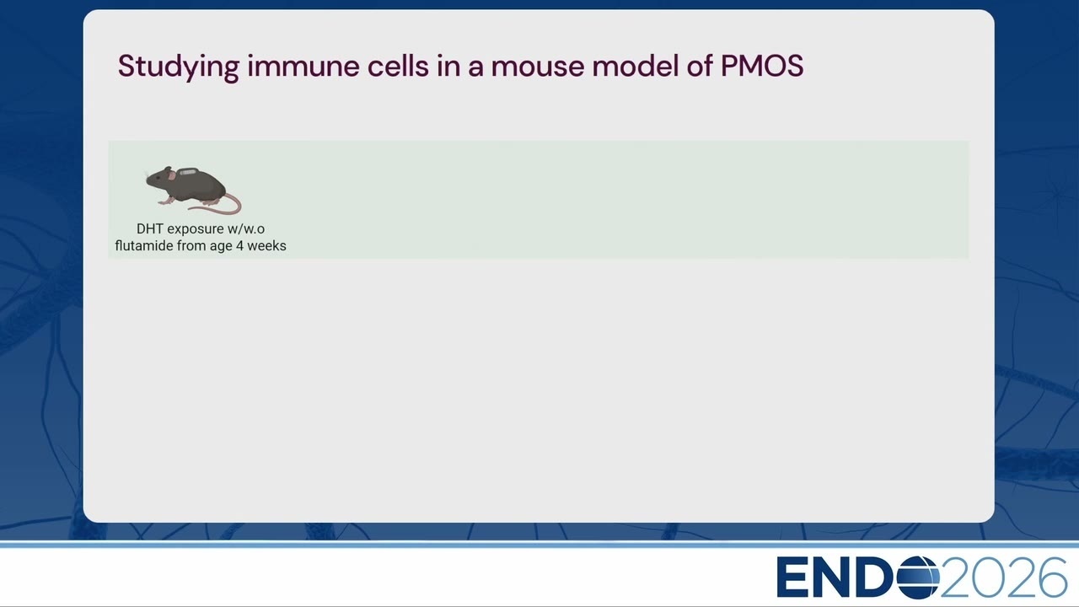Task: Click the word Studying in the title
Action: [x=178, y=67]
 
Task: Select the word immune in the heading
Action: [x=303, y=66]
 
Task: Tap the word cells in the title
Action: [x=398, y=66]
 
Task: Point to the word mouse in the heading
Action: [x=537, y=67]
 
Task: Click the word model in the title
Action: [x=636, y=66]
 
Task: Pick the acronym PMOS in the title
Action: [x=762, y=66]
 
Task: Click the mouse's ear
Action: [x=172, y=176]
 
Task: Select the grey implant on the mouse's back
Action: [x=188, y=171]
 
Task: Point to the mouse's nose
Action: [x=148, y=180]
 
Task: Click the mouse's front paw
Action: [x=163, y=201]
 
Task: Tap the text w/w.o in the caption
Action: [x=246, y=228]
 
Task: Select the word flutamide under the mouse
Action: [x=144, y=245]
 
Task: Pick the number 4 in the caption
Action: [x=239, y=246]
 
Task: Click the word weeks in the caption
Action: [x=267, y=245]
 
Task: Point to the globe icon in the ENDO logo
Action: [x=918, y=577]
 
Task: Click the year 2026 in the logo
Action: [x=1003, y=577]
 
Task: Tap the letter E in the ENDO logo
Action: [x=790, y=577]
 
